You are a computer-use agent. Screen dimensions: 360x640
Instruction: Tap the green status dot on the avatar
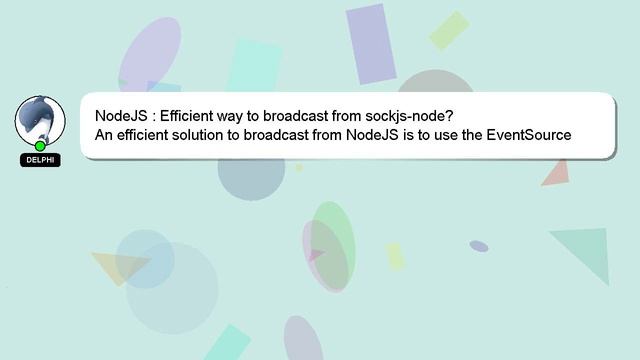point(40,146)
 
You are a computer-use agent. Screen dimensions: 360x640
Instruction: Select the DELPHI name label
point(40,160)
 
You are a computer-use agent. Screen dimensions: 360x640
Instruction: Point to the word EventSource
point(528,135)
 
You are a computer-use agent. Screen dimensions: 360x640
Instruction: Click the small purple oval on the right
point(479,246)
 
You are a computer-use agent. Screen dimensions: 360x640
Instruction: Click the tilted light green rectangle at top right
point(449,30)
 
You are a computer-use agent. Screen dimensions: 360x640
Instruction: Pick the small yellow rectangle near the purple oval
point(396,257)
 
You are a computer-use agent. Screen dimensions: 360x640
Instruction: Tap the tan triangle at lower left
point(119,266)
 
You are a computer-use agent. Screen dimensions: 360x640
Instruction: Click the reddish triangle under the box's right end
point(556,173)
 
